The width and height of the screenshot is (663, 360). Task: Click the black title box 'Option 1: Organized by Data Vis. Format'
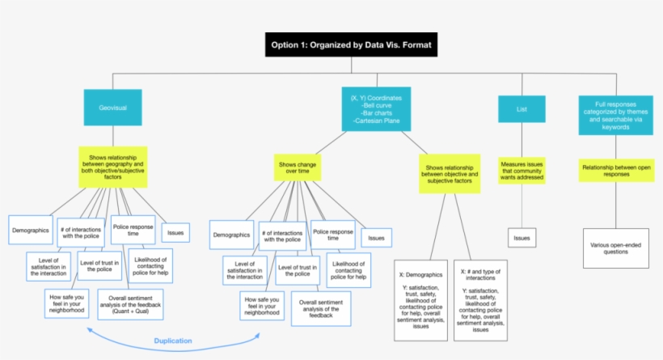click(350, 44)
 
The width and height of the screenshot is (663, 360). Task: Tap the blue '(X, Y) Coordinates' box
click(376, 108)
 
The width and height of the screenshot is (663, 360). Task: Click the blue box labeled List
click(522, 108)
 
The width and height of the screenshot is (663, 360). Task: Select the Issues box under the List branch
click(522, 237)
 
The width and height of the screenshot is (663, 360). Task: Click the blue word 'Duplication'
click(173, 341)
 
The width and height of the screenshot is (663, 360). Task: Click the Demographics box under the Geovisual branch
click(31, 230)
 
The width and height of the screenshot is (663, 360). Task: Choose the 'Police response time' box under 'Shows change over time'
click(332, 234)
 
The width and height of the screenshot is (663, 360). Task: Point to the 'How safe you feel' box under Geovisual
click(66, 304)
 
